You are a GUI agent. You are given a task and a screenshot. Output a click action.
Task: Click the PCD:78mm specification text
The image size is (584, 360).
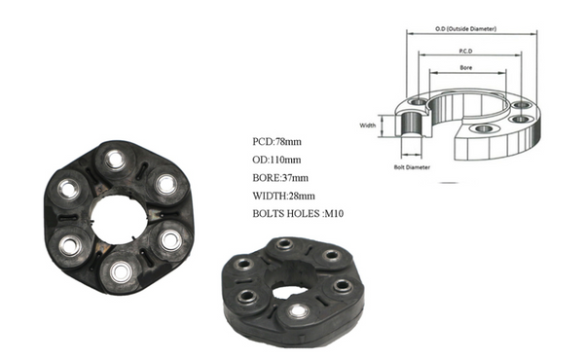click(276, 142)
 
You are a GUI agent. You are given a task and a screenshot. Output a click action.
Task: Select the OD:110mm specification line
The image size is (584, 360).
click(276, 160)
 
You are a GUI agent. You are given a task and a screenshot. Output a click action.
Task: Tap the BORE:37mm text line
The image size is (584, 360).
click(280, 178)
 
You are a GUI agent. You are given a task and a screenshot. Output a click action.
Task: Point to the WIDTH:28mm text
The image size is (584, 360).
click(283, 196)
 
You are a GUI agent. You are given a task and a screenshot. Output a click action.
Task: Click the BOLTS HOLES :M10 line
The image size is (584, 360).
click(298, 214)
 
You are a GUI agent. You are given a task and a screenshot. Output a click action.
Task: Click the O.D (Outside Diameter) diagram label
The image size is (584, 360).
click(465, 28)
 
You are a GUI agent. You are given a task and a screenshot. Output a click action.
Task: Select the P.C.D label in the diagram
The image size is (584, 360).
click(465, 51)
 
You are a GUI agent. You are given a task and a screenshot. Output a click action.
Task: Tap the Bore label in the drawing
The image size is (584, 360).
click(466, 68)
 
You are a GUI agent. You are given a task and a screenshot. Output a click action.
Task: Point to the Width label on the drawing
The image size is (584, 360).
click(367, 126)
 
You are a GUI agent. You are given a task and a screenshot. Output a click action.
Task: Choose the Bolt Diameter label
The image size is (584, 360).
click(412, 167)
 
